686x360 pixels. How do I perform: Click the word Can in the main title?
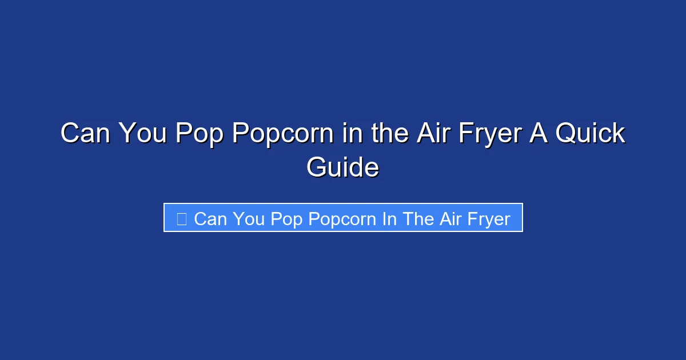tap(85, 134)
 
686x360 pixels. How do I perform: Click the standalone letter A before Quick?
tap(541, 134)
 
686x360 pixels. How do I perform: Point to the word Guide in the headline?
tap(342, 168)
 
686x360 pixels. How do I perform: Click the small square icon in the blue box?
tap(181, 219)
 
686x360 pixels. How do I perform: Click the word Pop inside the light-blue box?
tap(286, 219)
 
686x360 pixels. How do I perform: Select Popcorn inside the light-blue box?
tap(341, 219)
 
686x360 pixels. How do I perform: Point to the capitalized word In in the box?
tap(390, 219)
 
